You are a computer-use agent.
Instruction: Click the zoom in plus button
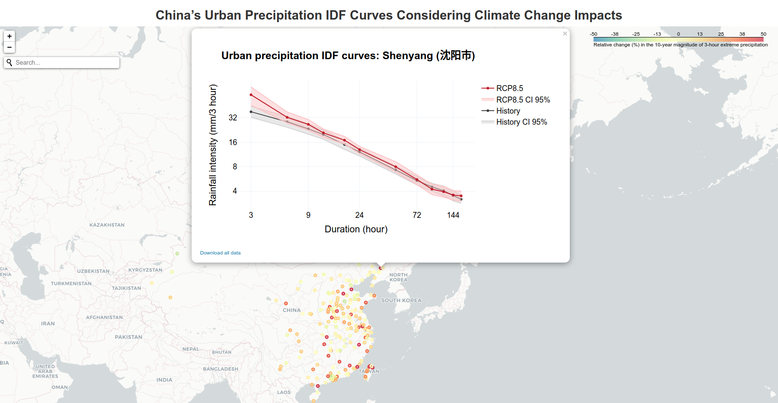coord(9,36)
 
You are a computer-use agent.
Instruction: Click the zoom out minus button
coord(9,47)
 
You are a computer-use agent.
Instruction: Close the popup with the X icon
coord(565,34)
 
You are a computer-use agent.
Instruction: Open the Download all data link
coord(220,253)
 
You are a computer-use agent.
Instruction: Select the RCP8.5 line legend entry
coord(509,88)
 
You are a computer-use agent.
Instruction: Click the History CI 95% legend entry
coord(521,122)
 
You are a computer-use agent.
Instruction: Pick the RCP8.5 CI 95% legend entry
coord(523,100)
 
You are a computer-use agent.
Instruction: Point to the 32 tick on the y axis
coord(233,117)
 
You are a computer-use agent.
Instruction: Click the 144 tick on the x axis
coord(453,215)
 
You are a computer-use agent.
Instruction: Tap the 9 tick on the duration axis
coord(308,215)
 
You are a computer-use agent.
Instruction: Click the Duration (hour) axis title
coord(356,229)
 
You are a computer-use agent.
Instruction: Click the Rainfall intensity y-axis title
coord(212,145)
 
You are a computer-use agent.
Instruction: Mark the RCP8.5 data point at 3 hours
coord(251,95)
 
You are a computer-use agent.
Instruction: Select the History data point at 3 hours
coord(251,112)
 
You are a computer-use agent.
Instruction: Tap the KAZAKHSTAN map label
coord(107,225)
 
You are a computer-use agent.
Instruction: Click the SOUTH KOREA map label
coord(401,300)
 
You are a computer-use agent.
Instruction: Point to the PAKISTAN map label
coord(128,337)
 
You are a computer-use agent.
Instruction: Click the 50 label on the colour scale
coord(763,34)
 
